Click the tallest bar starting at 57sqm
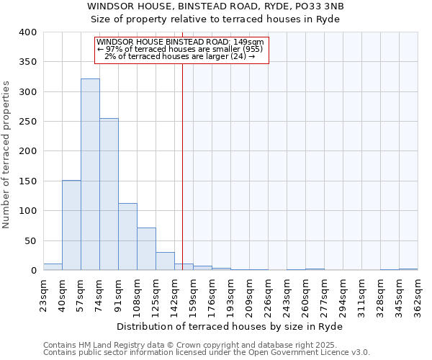(90, 174)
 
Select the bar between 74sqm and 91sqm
(109, 194)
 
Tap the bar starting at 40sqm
(71, 225)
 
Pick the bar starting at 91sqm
(127, 237)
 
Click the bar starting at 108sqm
(146, 249)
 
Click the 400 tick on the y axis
(27, 32)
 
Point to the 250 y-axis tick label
(27, 122)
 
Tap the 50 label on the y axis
(30, 240)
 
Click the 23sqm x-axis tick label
(43, 292)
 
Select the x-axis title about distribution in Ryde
(230, 326)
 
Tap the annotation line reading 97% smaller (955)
(180, 49)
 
